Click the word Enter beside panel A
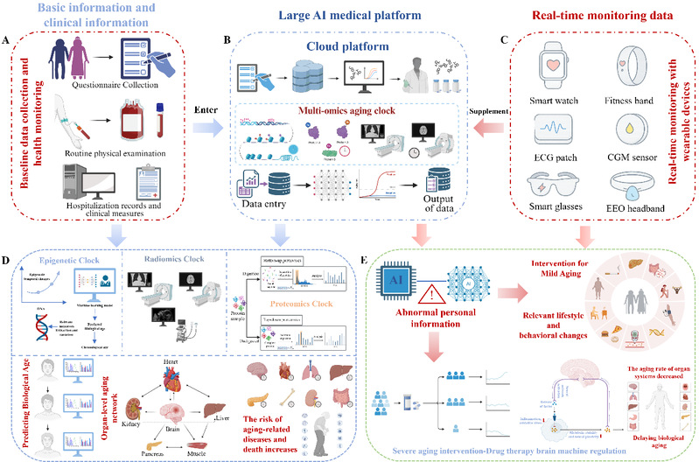pos(207,112)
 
